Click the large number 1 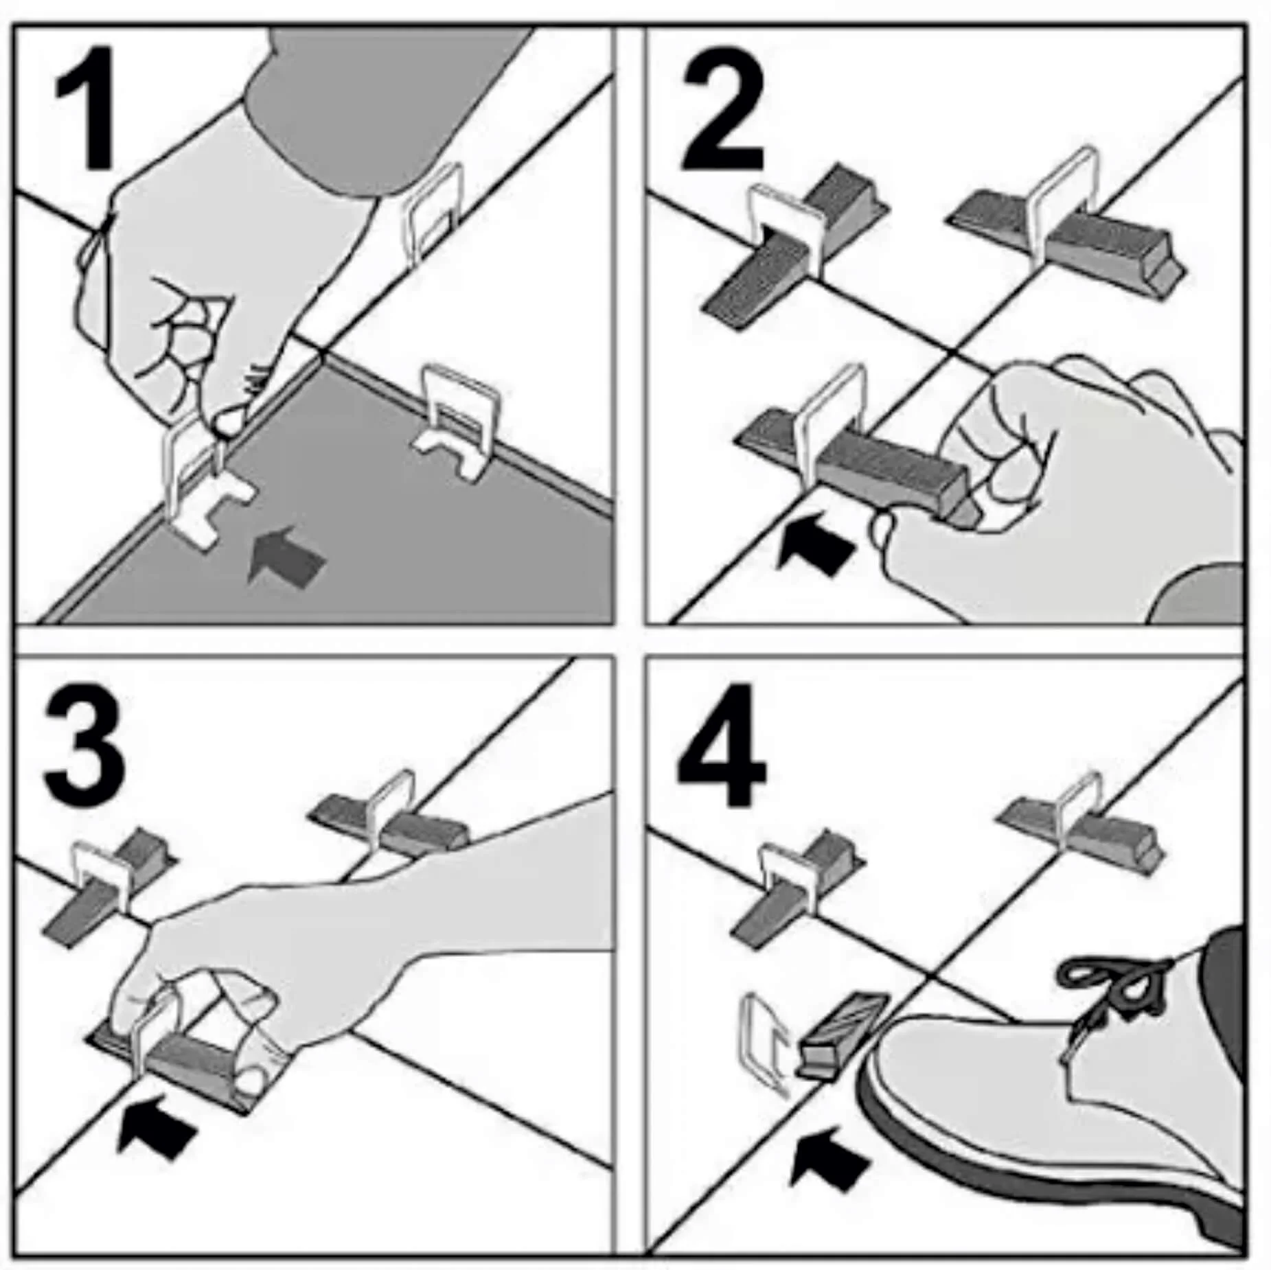86,108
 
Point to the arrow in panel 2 816,542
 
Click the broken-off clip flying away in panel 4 764,1041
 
